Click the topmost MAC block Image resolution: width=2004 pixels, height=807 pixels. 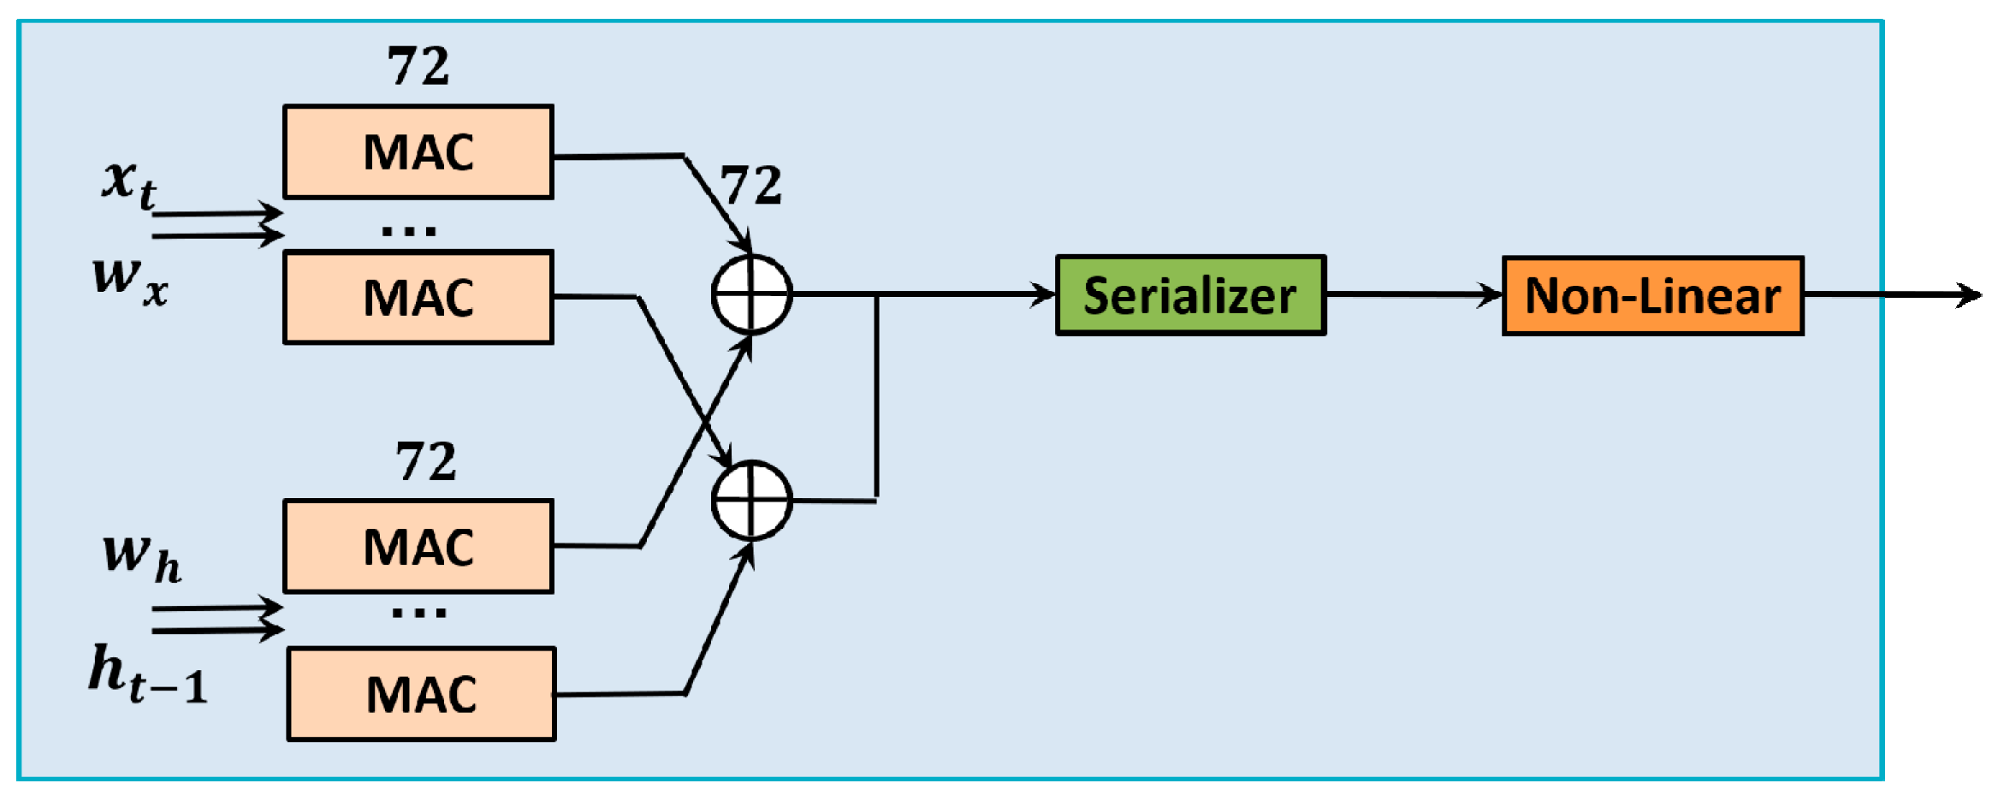[418, 152]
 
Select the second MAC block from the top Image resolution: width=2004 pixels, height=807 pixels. [418, 298]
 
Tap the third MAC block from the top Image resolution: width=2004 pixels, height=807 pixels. [418, 547]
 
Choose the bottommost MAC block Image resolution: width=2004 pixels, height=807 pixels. [421, 694]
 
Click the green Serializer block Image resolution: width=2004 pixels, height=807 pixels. [1190, 295]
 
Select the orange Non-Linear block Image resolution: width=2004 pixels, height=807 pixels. [1652, 296]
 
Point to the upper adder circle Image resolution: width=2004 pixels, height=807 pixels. [751, 294]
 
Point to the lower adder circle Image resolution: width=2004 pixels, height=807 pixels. [751, 501]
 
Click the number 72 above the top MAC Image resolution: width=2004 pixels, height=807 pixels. [418, 66]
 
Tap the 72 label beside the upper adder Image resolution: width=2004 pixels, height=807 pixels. [750, 185]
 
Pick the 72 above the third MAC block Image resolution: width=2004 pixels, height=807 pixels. [425, 462]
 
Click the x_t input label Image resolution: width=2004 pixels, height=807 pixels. [129, 183]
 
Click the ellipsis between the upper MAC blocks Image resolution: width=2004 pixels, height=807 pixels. [409, 230]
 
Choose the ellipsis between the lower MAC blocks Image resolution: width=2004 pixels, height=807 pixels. [418, 613]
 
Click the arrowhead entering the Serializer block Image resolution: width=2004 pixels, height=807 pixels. [1044, 294]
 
